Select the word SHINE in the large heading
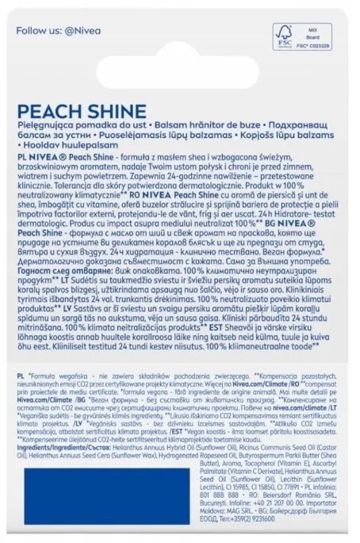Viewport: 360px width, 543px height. point(114,110)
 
